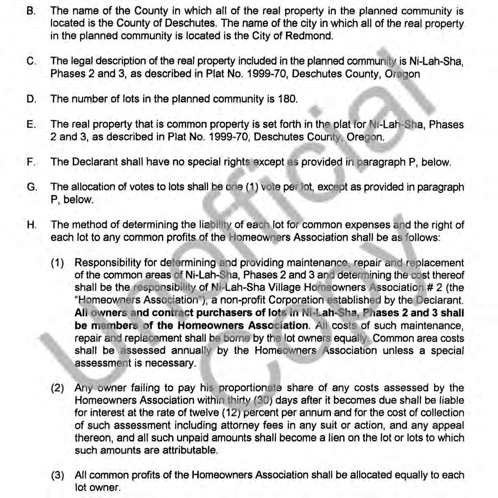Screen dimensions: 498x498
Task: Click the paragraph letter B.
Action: click(x=31, y=11)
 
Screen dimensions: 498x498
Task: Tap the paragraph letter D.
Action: click(x=31, y=99)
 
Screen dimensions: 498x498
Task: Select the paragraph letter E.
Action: click(x=31, y=124)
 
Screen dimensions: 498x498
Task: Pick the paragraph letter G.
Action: click(x=31, y=187)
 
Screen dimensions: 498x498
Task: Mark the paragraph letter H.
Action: click(x=31, y=225)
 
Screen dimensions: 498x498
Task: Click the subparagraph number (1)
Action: click(x=58, y=263)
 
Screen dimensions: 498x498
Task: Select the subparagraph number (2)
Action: click(x=58, y=388)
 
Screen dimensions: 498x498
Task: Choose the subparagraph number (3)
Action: click(x=58, y=475)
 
